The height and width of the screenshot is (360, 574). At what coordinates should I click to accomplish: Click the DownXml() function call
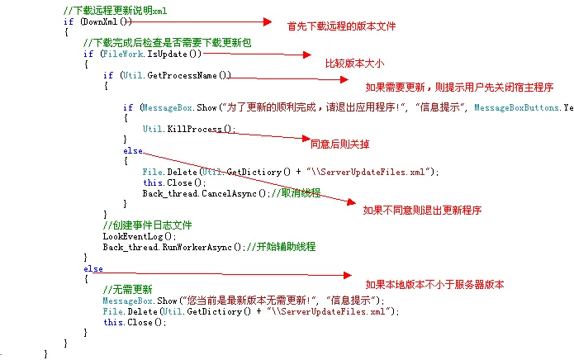[106, 21]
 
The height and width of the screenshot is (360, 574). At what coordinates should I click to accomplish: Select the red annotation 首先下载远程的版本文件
[341, 26]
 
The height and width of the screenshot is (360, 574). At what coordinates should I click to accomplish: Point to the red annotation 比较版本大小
[354, 64]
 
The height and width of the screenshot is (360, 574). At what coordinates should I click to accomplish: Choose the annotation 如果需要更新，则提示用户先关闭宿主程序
[459, 88]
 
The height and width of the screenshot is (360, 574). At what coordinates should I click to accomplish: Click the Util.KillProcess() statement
[189, 129]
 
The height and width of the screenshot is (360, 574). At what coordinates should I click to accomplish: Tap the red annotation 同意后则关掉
[339, 144]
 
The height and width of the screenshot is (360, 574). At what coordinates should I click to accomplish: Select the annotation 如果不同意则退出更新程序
[422, 211]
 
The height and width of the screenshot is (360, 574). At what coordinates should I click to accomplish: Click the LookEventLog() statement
[140, 236]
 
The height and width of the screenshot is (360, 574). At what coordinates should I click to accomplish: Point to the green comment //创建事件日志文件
[147, 225]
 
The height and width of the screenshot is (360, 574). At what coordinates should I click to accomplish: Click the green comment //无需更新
[127, 290]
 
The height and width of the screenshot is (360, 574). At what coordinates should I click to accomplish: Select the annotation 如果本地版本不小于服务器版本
[434, 285]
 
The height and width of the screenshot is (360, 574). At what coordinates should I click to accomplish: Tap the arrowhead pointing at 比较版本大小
[306, 54]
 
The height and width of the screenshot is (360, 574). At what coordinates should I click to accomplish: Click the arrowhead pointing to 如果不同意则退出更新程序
[352, 202]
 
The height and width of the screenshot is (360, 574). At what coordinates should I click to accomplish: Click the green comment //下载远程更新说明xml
[116, 11]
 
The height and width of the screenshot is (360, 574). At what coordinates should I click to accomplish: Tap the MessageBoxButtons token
[516, 107]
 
